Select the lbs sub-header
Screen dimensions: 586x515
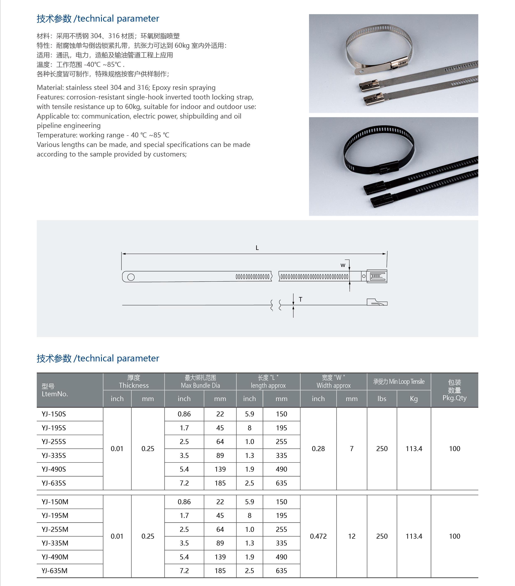tap(382, 399)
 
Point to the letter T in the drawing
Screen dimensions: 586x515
tap(300, 299)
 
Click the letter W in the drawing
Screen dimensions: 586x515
tap(343, 265)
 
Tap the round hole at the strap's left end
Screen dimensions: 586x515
tap(131, 277)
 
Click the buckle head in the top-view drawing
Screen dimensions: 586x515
tap(376, 276)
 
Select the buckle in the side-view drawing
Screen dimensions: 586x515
tap(377, 302)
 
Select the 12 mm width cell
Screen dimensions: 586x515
tap(352, 536)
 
